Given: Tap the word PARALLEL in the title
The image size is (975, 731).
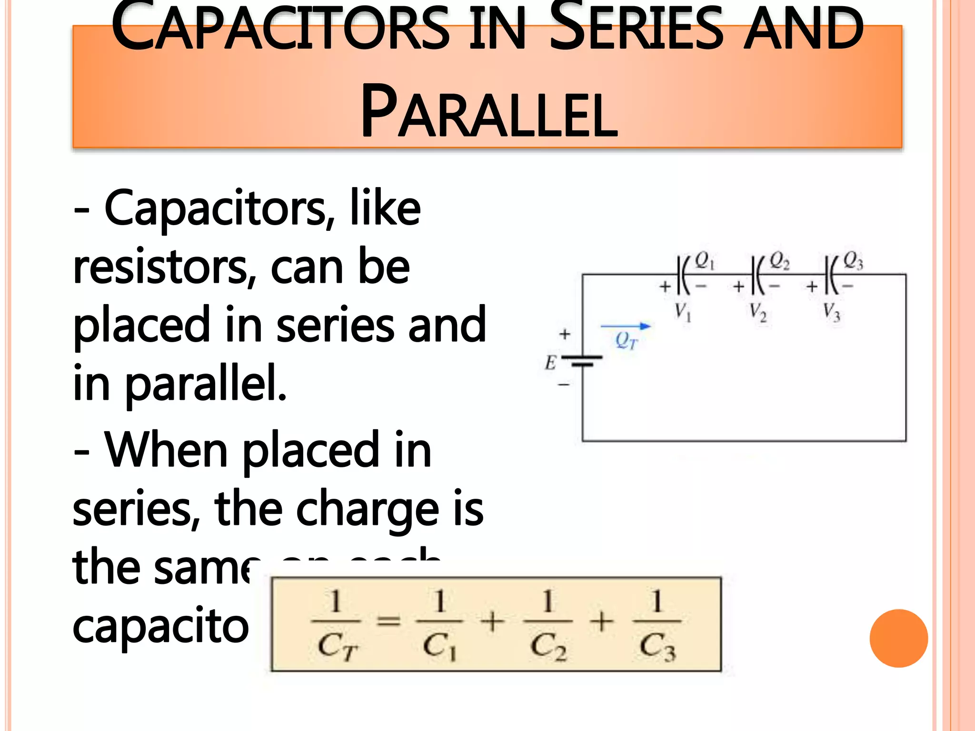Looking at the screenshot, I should (489, 112).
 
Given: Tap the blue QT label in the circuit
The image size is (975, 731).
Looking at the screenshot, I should (626, 341).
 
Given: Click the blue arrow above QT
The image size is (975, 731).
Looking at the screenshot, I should (626, 326).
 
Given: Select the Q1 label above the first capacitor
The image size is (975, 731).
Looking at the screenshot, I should (705, 261).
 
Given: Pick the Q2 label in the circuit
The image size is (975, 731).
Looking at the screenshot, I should (779, 261).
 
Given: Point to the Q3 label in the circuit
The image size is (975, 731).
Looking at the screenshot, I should (853, 261).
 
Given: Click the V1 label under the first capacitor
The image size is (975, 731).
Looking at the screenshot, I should (683, 312).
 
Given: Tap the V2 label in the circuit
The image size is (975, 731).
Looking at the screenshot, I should (757, 312).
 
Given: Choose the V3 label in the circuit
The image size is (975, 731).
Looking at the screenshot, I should (832, 312).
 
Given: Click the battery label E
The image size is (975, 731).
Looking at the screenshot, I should (550, 363).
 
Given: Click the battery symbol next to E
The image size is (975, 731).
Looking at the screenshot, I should (582, 360).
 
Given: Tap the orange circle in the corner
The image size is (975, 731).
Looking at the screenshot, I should (898, 638).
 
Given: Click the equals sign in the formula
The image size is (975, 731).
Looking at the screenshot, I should (388, 621).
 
